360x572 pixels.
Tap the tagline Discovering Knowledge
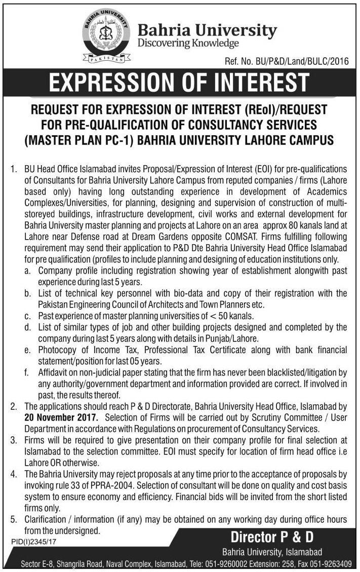(x=188, y=44)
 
